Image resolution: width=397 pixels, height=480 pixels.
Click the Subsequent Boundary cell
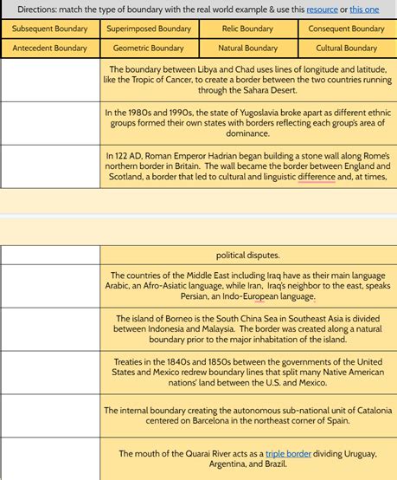[50, 29]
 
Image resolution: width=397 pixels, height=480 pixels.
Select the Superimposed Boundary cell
[149, 29]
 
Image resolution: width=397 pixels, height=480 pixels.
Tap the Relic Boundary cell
[247, 29]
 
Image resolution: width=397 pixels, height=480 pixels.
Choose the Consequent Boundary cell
[346, 29]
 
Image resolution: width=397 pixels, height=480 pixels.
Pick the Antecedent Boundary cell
[50, 49]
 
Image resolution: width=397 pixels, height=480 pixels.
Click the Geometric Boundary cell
[149, 49]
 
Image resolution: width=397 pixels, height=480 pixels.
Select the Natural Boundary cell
[247, 49]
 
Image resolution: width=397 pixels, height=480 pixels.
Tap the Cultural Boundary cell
[346, 49]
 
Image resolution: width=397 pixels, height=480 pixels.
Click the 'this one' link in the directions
[364, 9]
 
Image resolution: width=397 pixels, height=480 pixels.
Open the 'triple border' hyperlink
[289, 453]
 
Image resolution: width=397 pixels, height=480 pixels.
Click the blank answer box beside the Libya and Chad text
[50, 80]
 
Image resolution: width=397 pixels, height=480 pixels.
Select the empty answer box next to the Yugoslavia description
[50, 122]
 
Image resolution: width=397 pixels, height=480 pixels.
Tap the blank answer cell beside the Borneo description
[50, 329]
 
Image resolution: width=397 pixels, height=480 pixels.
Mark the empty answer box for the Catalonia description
[50, 415]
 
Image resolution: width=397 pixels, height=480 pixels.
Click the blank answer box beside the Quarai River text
[50, 458]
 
